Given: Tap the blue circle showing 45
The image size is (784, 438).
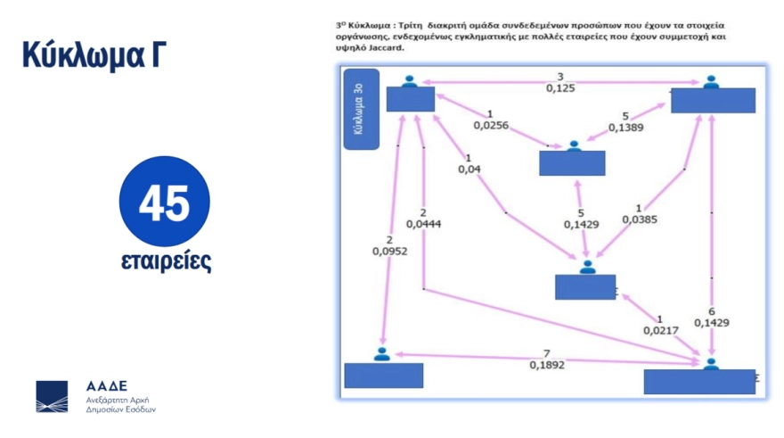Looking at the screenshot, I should (165, 202).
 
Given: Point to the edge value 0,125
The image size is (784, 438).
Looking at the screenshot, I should (560, 87).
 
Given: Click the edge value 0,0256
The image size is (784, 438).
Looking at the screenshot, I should (491, 126).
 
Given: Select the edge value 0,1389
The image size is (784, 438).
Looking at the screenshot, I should (626, 128).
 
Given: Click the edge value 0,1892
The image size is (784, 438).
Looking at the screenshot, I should (546, 364).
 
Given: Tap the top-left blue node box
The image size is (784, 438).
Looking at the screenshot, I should (411, 99).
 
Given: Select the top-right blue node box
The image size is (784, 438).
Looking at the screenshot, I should (713, 101).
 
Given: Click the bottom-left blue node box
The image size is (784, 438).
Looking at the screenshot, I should (384, 376).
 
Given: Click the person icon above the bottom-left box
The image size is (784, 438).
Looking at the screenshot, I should (383, 354).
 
